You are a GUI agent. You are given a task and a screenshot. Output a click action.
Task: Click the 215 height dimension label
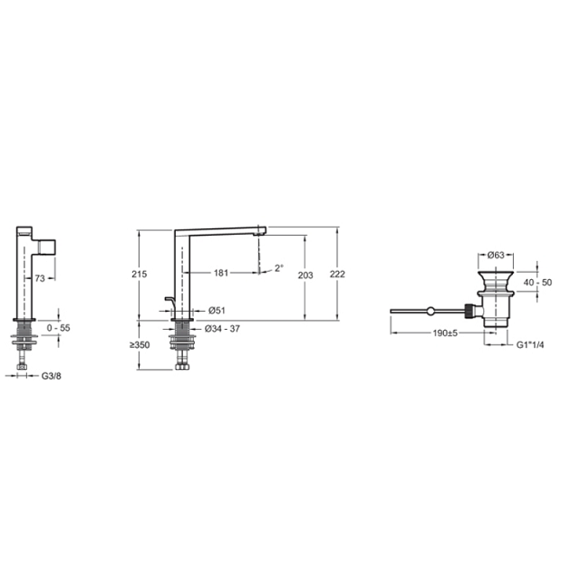[140, 274]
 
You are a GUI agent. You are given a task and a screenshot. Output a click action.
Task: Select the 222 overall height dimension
[337, 274]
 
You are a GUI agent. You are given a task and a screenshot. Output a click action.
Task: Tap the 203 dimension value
[305, 276]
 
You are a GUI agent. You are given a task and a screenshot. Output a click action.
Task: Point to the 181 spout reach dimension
[221, 273]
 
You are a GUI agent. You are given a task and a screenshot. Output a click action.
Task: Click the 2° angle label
[279, 268]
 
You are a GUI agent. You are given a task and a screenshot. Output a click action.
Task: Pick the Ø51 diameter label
[217, 310]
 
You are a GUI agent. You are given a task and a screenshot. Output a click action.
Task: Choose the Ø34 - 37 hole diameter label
[222, 328]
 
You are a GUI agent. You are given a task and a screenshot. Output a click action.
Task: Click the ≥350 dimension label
[140, 345]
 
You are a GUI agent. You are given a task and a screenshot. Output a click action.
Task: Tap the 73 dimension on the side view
[40, 278]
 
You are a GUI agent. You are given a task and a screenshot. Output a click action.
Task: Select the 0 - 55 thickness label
[58, 328]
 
